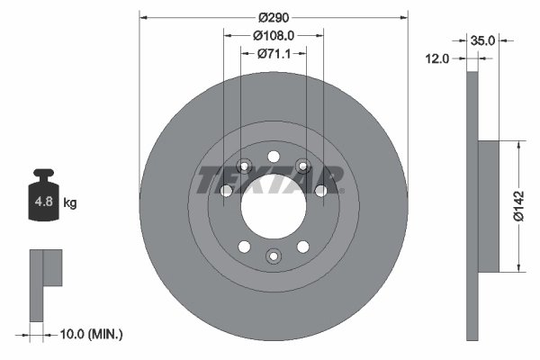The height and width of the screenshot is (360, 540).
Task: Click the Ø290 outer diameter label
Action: click(273, 17)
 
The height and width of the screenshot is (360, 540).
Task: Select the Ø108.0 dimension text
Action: click(274, 35)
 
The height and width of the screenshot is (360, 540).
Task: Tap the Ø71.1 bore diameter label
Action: click(274, 53)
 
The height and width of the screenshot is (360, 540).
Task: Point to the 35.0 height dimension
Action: click(483, 40)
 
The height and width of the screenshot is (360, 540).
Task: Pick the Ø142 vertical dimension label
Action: click(517, 205)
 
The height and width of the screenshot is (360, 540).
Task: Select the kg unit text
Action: click(70, 203)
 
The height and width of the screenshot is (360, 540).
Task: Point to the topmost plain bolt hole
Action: click(274, 156)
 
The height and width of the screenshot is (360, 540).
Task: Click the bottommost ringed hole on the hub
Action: click(274, 257)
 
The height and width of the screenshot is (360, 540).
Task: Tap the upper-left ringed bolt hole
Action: click(244, 166)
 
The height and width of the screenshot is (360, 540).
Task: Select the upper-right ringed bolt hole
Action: click(303, 166)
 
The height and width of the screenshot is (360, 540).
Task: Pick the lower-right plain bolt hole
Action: click(303, 247)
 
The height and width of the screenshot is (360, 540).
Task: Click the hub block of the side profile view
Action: click(486, 205)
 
